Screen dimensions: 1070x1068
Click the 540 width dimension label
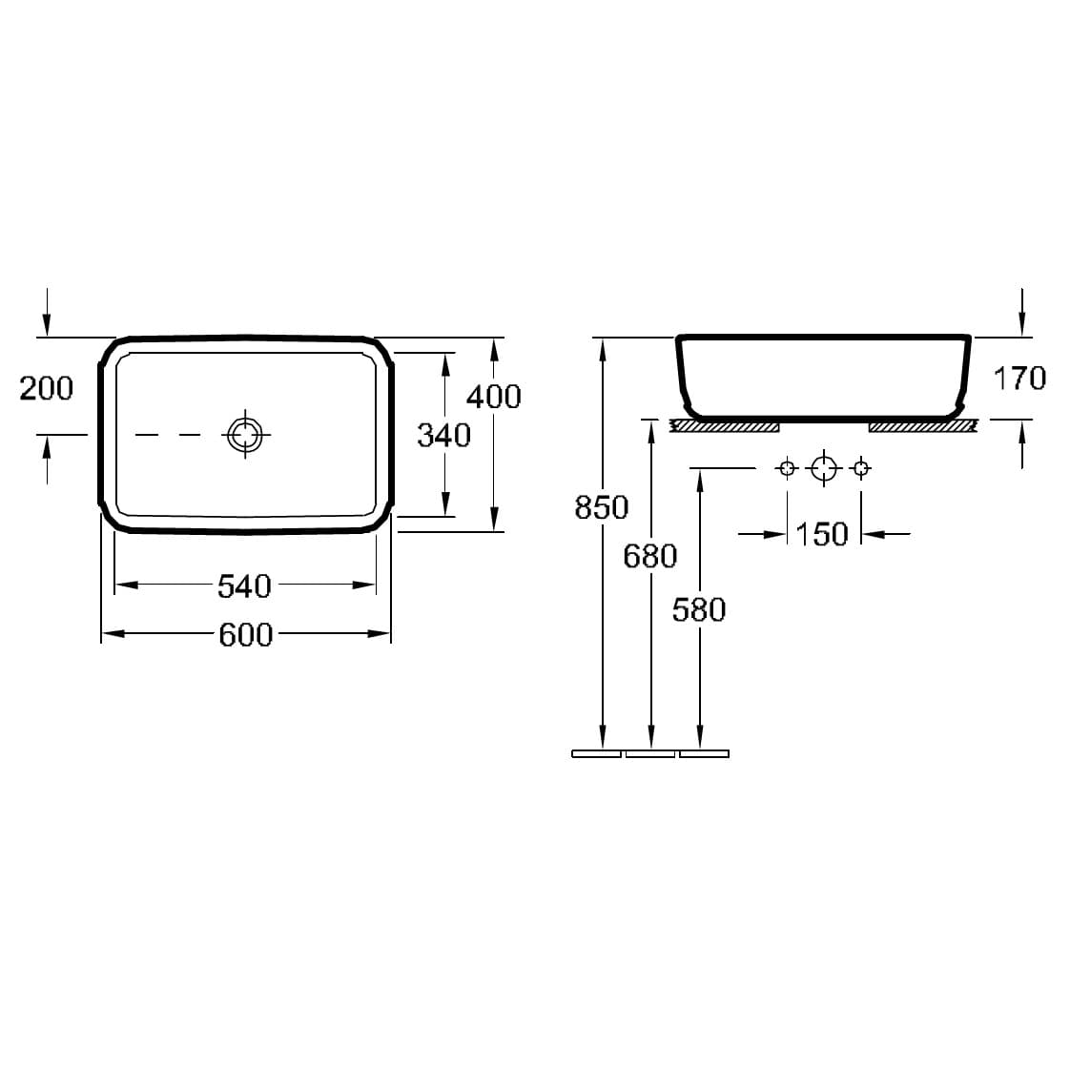(244, 586)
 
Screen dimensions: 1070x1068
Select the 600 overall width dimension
(246, 635)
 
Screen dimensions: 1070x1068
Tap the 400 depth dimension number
(493, 397)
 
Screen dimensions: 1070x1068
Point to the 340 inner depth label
(443, 436)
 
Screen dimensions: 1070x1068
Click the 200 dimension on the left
(47, 388)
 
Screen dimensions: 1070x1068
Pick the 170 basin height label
(1019, 379)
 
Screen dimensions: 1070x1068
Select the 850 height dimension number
(601, 507)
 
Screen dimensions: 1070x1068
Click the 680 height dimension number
(649, 557)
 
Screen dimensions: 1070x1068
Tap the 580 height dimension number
(699, 610)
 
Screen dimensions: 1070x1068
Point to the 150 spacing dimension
(822, 534)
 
